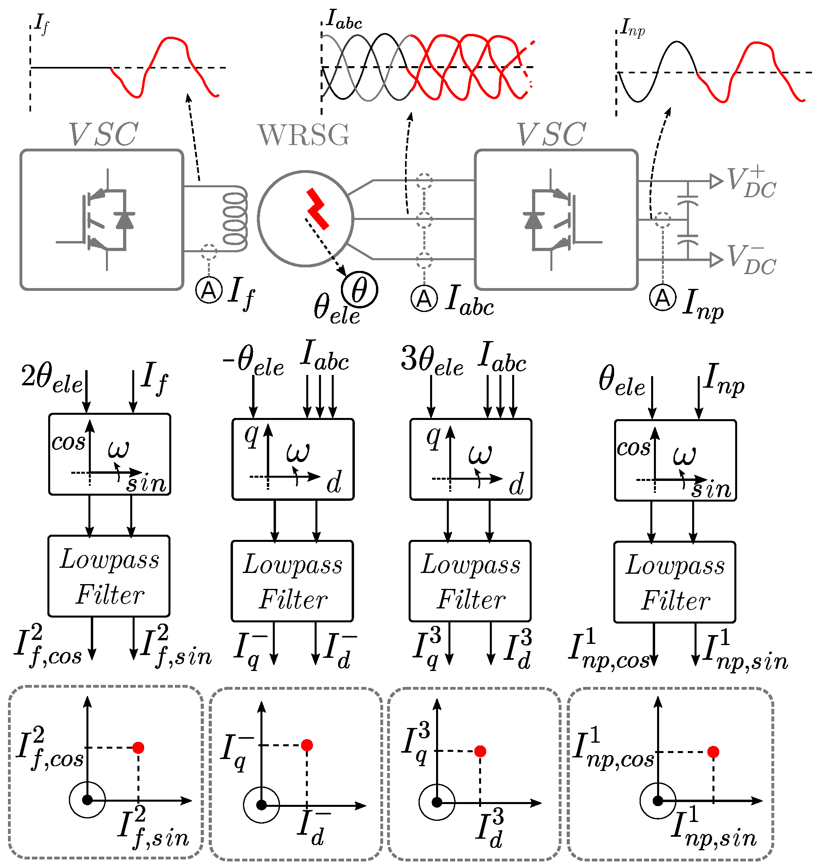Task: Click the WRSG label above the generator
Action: [x=303, y=135]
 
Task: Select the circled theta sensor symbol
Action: [x=359, y=290]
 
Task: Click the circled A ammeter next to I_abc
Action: [x=424, y=299]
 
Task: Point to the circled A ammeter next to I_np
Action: [x=662, y=298]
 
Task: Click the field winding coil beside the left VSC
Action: [x=235, y=219]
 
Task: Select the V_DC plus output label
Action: [x=751, y=182]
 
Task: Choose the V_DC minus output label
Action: [x=751, y=260]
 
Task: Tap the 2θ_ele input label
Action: [x=51, y=379]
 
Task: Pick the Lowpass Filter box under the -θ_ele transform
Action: [x=292, y=581]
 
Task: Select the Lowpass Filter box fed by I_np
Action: [x=675, y=582]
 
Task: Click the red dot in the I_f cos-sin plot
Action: [x=138, y=748]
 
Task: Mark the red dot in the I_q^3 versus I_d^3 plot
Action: [x=480, y=751]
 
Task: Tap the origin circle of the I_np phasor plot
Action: [x=658, y=801]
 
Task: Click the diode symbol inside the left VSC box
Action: [x=125, y=220]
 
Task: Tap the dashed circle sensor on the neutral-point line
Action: [x=663, y=220]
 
